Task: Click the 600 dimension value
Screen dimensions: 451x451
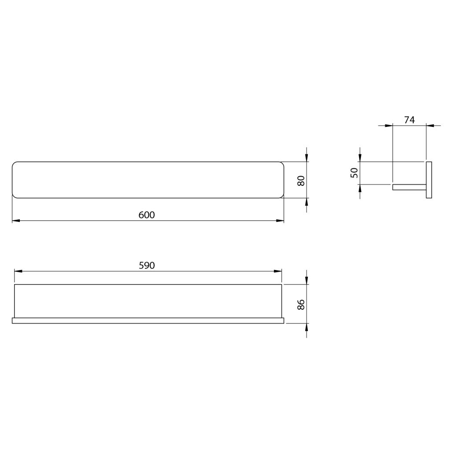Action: (147, 215)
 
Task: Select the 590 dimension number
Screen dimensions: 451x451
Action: (147, 265)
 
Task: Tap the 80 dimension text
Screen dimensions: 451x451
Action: (301, 181)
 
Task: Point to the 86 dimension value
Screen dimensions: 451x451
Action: (301, 304)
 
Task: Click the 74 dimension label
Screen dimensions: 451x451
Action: (409, 120)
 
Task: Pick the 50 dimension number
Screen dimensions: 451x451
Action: (355, 173)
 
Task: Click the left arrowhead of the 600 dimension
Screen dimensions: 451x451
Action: (16, 221)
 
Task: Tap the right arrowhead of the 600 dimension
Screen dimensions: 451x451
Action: (280, 221)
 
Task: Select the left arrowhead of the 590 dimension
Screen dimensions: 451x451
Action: (18, 271)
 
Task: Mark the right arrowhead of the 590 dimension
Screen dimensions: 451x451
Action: (277, 271)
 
